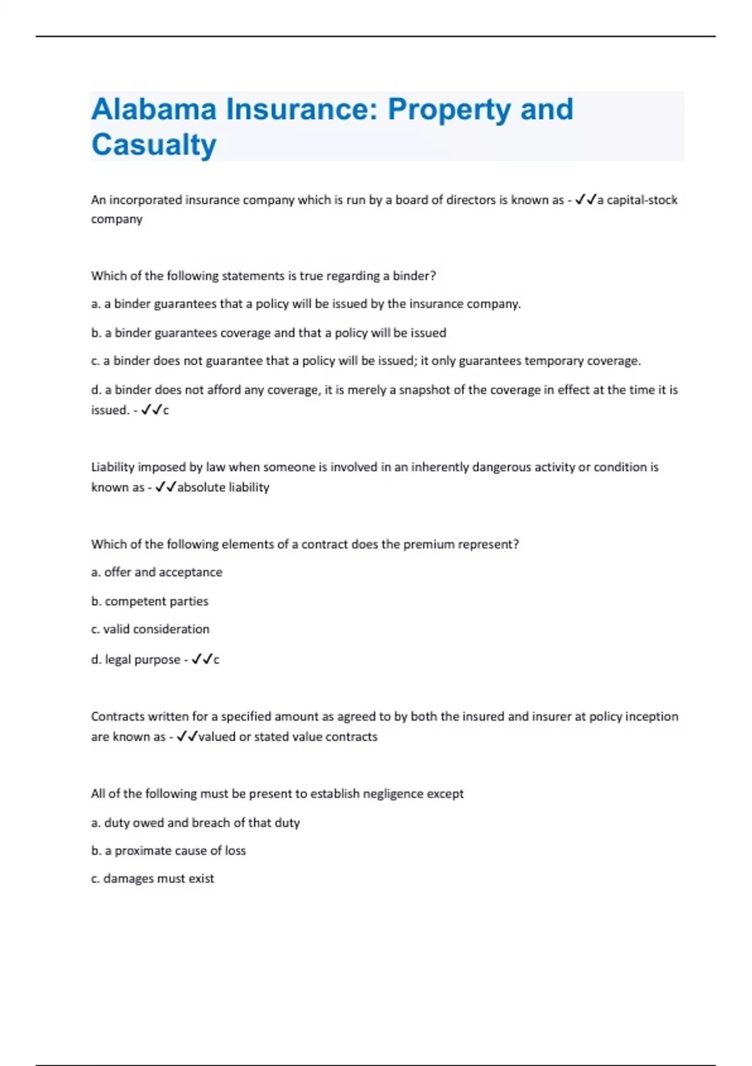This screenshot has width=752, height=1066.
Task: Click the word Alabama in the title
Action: pos(154,109)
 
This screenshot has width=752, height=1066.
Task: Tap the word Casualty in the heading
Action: pos(154,145)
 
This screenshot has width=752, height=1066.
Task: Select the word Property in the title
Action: pos(449,110)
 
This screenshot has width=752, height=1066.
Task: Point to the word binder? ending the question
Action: pos(414,276)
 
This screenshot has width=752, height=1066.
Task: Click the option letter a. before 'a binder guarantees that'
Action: pos(96,304)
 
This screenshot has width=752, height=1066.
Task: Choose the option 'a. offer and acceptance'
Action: pos(157,573)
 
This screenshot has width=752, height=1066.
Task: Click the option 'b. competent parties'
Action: pos(150,601)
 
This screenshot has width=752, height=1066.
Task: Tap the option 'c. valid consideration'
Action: pos(150,629)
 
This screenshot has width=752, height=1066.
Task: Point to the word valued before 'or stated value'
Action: pos(217,737)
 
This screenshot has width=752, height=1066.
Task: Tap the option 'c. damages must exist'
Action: pos(152,879)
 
